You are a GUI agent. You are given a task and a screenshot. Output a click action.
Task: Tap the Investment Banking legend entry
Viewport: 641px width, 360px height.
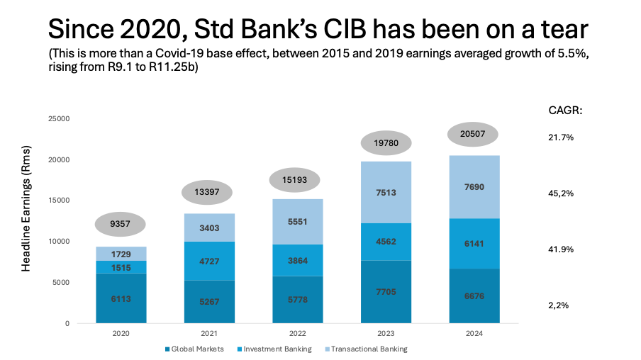pyautogui.click(x=277, y=349)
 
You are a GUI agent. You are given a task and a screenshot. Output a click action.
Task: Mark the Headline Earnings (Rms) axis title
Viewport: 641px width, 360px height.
pyautogui.click(x=26, y=220)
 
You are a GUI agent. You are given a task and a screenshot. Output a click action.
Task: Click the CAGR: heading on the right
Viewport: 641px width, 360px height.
pyautogui.click(x=566, y=111)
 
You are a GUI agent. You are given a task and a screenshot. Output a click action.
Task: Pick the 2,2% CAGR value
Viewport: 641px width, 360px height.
pyautogui.click(x=560, y=305)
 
